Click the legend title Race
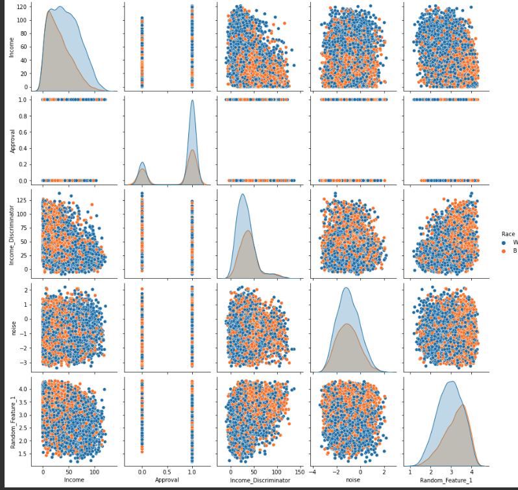508,234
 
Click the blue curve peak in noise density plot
346,288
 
